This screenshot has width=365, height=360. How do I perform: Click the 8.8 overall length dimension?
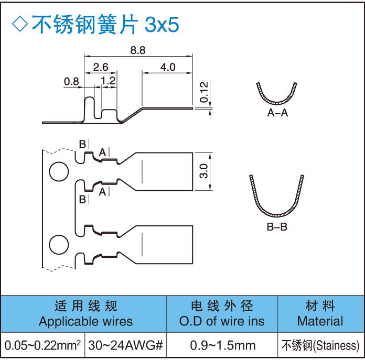[138, 50]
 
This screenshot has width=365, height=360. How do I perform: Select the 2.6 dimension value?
[101, 67]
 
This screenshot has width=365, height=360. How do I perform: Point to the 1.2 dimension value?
[109, 81]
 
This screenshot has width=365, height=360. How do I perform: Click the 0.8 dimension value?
[71, 81]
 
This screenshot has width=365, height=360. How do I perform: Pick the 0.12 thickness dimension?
[205, 93]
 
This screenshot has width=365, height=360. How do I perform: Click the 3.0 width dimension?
[204, 171]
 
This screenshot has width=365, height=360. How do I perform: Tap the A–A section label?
[277, 113]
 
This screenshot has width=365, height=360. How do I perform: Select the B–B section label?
[277, 227]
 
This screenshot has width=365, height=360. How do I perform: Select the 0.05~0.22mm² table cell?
[42, 346]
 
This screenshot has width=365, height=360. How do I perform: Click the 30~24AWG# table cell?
[126, 346]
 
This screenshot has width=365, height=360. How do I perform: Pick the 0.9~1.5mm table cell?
[222, 346]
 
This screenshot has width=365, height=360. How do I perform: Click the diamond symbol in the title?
[19, 24]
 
